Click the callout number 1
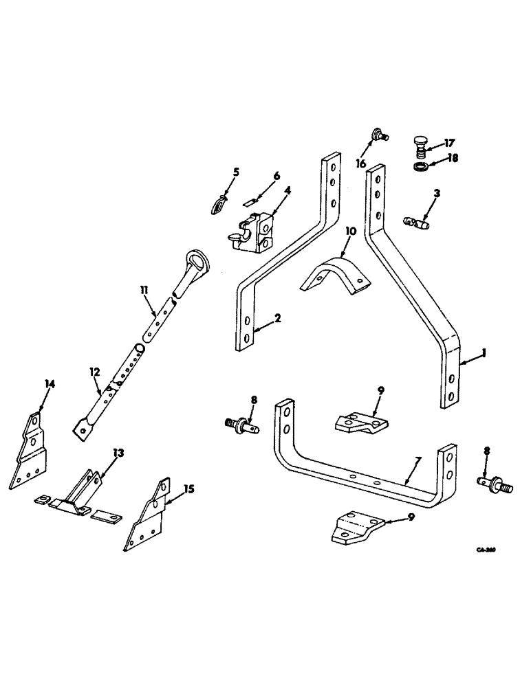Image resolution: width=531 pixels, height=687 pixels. pyautogui.click(x=484, y=353)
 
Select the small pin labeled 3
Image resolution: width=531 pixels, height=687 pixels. pyautogui.click(x=415, y=223)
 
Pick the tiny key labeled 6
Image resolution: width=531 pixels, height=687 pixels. pyautogui.click(x=250, y=203)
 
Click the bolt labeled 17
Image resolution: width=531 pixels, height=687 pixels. pyautogui.click(x=421, y=147)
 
